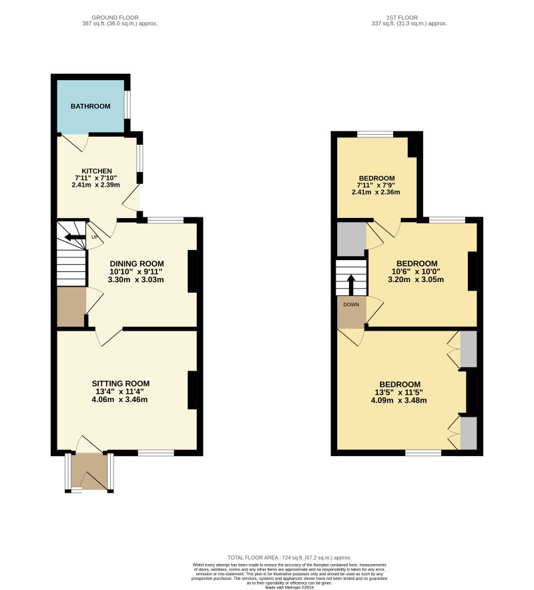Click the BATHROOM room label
pyautogui.click(x=90, y=106)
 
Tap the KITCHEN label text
pyautogui.click(x=97, y=171)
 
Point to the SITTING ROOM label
pyautogui.click(x=120, y=383)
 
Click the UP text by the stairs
pyautogui.click(x=94, y=237)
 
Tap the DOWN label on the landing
pyautogui.click(x=351, y=305)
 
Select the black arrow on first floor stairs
pyautogui.click(x=351, y=283)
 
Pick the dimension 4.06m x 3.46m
pyautogui.click(x=120, y=400)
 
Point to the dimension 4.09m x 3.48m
pyautogui.click(x=400, y=401)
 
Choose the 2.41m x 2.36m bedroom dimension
pyautogui.click(x=376, y=192)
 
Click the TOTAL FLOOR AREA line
pyautogui.click(x=289, y=557)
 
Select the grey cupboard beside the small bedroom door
pyautogui.click(x=351, y=239)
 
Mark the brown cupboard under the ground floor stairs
pyautogui.click(x=71, y=307)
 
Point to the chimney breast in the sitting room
pyautogui.click(x=192, y=390)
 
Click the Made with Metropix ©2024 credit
pyautogui.click(x=289, y=587)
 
